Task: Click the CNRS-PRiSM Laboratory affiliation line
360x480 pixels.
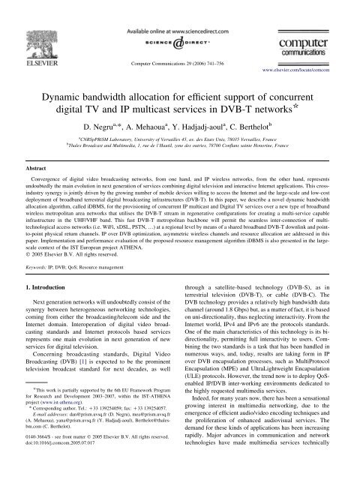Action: (x=180, y=137)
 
